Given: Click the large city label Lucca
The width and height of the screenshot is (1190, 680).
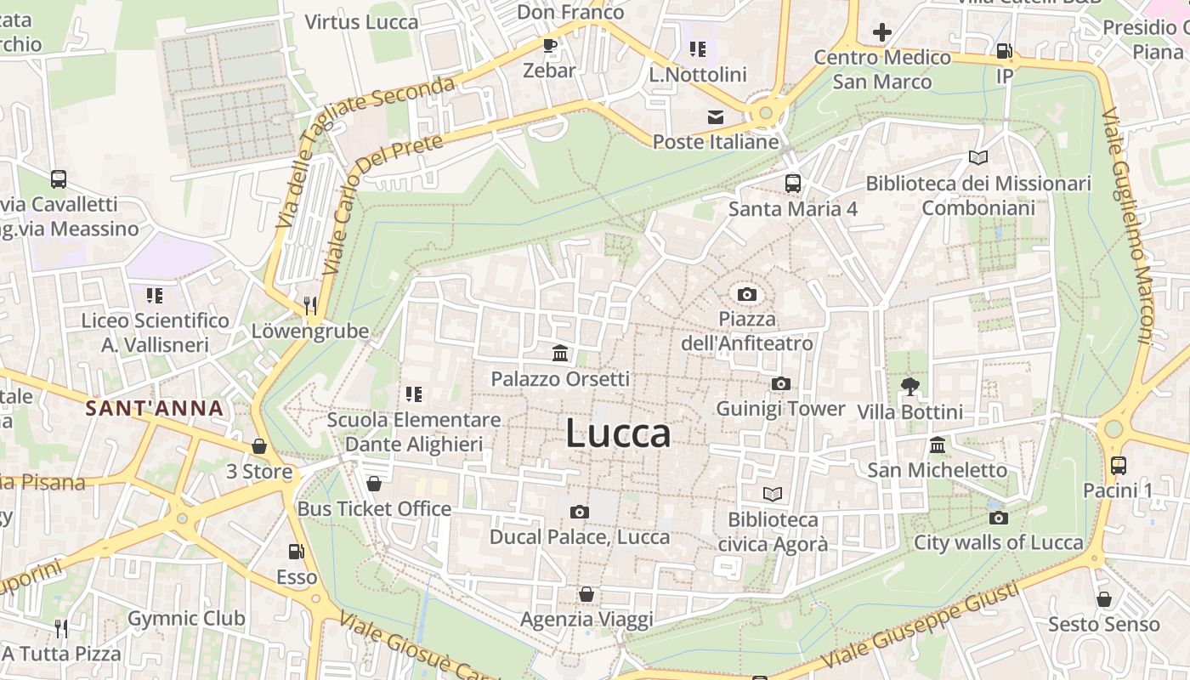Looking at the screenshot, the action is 618,433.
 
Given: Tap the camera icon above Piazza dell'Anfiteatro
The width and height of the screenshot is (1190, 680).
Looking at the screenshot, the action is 747,294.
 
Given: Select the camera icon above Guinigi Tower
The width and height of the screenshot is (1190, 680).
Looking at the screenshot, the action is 780,384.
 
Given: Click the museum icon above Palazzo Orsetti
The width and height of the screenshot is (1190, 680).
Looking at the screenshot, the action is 560,353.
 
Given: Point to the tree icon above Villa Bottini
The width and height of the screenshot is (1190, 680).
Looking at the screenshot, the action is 910,387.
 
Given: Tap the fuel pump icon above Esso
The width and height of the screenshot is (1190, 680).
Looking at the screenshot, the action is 296,552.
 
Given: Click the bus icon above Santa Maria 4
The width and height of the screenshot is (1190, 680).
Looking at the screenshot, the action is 792,183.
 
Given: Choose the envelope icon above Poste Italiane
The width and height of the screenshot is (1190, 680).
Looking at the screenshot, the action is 716,116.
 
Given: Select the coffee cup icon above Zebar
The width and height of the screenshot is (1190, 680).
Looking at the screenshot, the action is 549,45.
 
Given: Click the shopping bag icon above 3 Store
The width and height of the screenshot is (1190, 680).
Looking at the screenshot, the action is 259,446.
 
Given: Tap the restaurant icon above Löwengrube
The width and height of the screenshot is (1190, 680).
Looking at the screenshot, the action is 310,305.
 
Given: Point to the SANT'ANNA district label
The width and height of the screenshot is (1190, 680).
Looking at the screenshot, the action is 155,408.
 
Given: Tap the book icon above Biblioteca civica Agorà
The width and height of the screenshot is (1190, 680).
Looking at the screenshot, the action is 772,494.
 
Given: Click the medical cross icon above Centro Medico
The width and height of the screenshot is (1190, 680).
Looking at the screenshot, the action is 881,33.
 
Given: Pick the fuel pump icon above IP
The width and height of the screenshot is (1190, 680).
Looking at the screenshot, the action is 1004,51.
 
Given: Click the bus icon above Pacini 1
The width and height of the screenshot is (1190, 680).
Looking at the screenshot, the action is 1118,465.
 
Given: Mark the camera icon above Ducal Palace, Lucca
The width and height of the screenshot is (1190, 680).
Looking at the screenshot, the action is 580,512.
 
